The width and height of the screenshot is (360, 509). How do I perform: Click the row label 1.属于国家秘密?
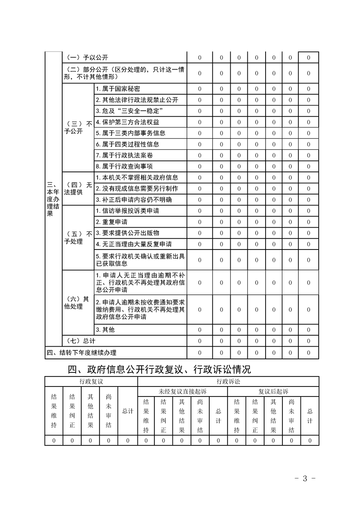coord(114,89)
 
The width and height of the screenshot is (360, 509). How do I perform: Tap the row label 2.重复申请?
coord(111,222)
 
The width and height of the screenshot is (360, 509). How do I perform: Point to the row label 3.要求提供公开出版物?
coord(127,233)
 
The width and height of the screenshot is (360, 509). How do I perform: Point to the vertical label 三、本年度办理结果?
coord(53,200)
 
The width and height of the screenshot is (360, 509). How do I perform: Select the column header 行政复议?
coord(91,381)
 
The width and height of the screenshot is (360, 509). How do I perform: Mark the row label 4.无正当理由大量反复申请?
coord(133,244)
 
